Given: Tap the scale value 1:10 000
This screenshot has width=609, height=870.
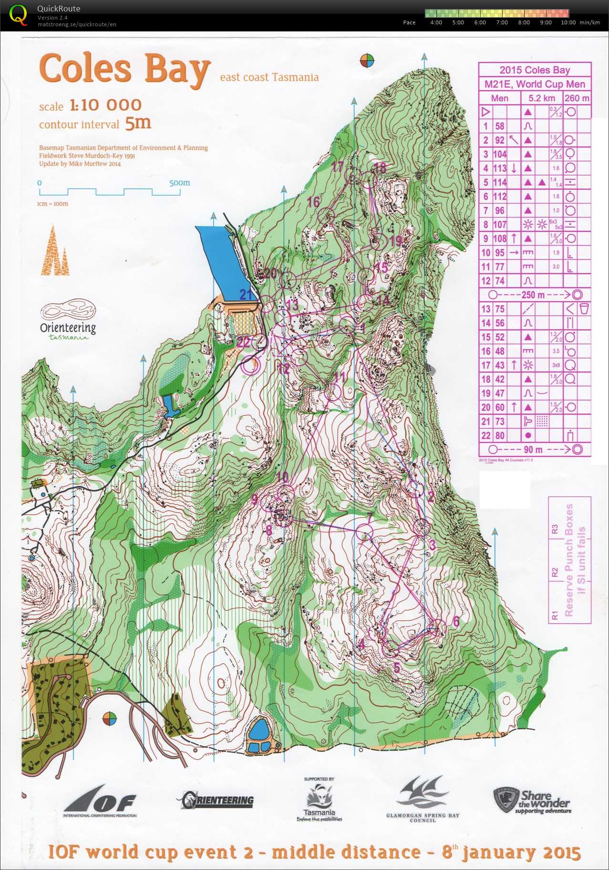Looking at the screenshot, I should [x=105, y=105].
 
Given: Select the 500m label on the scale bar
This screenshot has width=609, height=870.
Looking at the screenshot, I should [x=179, y=183].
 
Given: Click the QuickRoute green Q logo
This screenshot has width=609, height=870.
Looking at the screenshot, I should [x=18, y=14].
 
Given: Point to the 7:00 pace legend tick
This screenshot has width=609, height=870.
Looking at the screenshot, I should [x=502, y=22].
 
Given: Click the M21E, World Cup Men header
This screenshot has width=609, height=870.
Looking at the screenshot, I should [x=535, y=84].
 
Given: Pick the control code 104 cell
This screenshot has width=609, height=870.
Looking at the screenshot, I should [x=499, y=154].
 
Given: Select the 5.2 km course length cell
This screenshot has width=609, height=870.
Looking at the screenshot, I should [x=542, y=98].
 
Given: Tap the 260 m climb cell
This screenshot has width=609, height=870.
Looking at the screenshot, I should [x=577, y=98].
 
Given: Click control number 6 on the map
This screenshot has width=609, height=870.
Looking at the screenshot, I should [x=456, y=621].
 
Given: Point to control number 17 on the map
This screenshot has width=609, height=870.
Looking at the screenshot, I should [x=338, y=167].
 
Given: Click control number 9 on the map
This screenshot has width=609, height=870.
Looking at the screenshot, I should [x=255, y=499].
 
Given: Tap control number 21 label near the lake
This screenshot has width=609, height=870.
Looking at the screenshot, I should [x=246, y=295].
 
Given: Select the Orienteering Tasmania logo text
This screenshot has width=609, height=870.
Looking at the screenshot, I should [x=68, y=328].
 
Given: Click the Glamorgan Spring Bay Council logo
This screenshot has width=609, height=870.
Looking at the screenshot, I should [x=423, y=800].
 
